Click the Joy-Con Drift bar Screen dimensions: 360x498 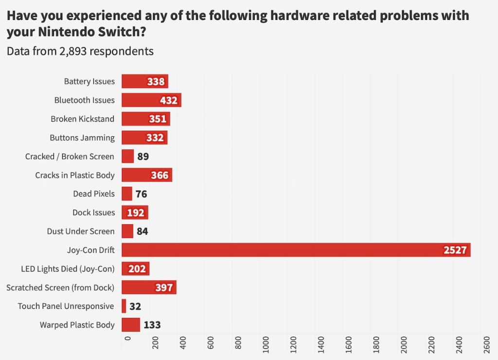pyautogui.click(x=292, y=250)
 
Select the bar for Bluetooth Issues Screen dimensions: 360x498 pyautogui.click(x=151, y=100)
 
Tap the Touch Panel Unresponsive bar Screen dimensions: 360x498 pyautogui.click(x=124, y=306)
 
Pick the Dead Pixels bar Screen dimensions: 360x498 pyautogui.click(x=127, y=194)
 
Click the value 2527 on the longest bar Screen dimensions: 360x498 pyautogui.click(x=455, y=250)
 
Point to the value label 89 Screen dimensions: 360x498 pyautogui.click(x=143, y=157)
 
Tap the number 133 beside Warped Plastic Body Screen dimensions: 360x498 pyautogui.click(x=152, y=325)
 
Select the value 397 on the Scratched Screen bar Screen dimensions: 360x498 pyautogui.click(x=164, y=288)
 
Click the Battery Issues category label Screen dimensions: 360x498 pyautogui.click(x=89, y=81)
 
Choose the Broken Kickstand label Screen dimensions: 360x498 pyautogui.click(x=83, y=119)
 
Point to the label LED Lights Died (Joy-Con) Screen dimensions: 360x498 pyautogui.click(x=68, y=269)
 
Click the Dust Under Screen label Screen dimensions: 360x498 pyautogui.click(x=81, y=231)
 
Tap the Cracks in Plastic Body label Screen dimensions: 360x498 pyautogui.click(x=75, y=175)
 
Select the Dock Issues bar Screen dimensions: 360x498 pyautogui.click(x=135, y=213)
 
